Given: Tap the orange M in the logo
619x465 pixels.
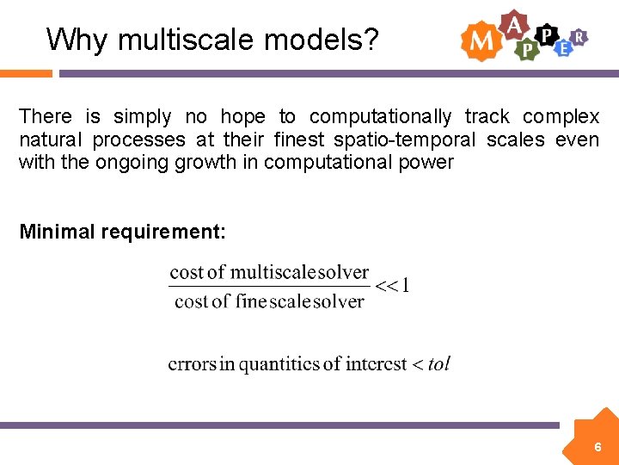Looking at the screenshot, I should (x=480, y=40).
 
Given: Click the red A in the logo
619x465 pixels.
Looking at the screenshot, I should (x=514, y=24).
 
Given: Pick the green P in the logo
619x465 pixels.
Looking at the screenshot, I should (x=526, y=50).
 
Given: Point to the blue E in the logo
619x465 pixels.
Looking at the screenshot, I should (x=562, y=48).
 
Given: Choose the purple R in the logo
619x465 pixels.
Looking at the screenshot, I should (x=579, y=36).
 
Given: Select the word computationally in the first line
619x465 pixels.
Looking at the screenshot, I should (x=380, y=116).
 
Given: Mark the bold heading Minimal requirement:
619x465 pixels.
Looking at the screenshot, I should (x=122, y=232).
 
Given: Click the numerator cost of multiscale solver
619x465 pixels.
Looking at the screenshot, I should (x=269, y=273).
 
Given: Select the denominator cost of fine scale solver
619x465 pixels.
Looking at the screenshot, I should (x=269, y=301).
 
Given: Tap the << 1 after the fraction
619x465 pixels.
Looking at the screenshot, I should (x=393, y=286).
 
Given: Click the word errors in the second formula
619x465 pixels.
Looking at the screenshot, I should (x=191, y=364).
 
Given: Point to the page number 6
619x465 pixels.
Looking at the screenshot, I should (x=598, y=448).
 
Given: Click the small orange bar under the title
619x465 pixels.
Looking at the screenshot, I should (x=26, y=74).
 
